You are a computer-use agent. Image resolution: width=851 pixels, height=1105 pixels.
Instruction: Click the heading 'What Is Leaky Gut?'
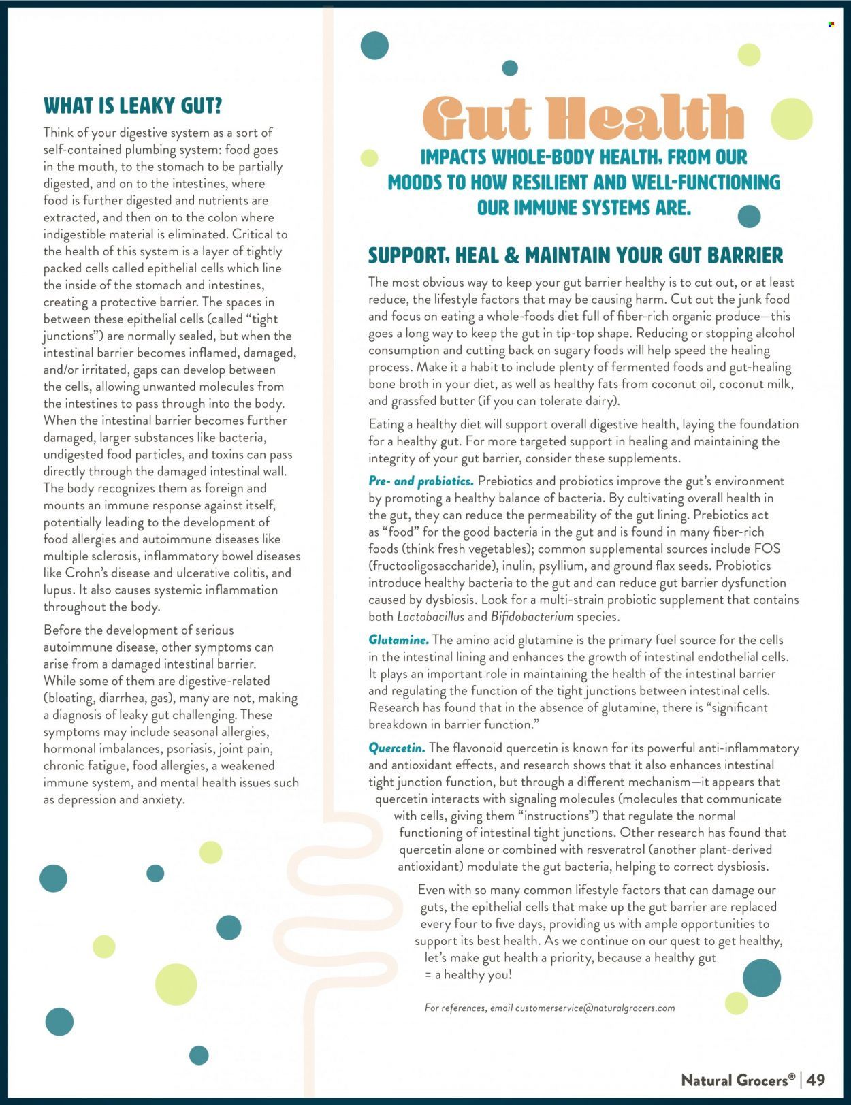point(133,106)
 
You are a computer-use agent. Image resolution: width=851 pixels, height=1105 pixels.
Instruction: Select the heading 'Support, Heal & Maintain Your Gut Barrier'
point(575,256)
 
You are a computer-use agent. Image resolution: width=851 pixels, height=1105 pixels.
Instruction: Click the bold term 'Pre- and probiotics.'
point(421,481)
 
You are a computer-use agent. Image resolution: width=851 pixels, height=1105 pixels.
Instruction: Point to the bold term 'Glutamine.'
point(398,640)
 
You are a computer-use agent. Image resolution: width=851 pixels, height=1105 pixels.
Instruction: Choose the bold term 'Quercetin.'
point(397,748)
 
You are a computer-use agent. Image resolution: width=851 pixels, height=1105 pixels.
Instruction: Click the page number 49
point(816,1079)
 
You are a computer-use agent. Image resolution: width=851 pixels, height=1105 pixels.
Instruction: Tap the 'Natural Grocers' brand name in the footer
point(738,1080)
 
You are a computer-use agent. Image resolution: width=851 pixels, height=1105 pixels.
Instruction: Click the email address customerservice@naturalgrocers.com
point(595,1008)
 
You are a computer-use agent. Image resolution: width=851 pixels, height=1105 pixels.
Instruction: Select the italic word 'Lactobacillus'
point(430,617)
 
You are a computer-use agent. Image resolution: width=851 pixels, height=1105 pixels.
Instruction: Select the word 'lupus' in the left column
point(58,590)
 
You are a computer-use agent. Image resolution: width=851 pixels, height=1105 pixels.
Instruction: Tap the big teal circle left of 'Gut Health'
point(374,46)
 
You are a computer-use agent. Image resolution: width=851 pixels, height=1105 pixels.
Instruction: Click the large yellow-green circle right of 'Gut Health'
point(791,118)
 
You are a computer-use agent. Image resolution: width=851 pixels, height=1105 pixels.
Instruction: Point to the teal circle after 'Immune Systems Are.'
point(749,216)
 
